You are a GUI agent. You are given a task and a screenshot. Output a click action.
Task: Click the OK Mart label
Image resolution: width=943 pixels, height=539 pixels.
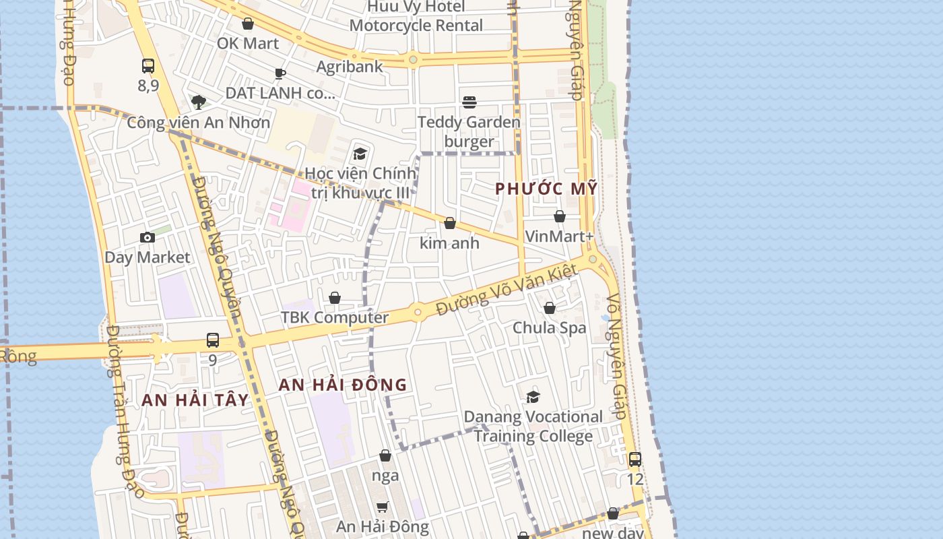coord(247,43)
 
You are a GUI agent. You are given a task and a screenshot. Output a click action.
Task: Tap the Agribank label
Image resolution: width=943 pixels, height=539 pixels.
coord(350,66)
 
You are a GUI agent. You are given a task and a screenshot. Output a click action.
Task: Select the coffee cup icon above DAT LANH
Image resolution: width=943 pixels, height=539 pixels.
coord(280,73)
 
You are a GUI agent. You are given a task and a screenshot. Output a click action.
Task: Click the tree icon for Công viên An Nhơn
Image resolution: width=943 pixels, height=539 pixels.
coord(198,102)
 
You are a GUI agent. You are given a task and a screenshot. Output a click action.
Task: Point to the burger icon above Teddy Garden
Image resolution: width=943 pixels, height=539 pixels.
coord(469,102)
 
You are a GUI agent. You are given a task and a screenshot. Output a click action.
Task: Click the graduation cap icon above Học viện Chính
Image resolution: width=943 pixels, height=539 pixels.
coord(360,154)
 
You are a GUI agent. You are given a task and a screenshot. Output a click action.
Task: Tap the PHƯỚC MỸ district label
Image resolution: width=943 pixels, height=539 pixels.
coord(546,189)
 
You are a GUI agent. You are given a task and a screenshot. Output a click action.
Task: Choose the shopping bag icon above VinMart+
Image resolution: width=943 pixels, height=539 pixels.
coord(559,216)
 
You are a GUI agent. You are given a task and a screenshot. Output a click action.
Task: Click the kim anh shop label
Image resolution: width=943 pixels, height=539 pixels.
coord(449,243)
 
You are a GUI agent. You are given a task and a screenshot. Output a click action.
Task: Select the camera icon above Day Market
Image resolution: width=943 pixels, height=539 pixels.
coord(147,237)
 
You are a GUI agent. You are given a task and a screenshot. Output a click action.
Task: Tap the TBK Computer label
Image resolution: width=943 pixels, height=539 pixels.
coord(335,317)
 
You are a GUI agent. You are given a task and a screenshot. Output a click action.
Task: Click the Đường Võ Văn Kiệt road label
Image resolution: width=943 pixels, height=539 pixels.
coord(507,290)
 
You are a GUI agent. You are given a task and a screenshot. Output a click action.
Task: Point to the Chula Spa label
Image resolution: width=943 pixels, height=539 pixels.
coord(550,328)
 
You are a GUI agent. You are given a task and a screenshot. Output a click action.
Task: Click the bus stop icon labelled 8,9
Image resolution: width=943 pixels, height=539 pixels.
coord(148,66)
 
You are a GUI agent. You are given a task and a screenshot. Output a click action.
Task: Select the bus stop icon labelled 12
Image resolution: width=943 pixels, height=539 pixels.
coord(635,459)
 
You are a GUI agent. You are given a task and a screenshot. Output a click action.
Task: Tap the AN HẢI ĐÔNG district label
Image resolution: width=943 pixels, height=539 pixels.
coord(343,385)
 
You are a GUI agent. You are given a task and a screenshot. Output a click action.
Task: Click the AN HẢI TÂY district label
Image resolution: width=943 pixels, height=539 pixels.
coord(195,400)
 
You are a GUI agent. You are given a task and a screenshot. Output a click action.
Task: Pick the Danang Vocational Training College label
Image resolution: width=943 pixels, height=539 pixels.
coord(533,426)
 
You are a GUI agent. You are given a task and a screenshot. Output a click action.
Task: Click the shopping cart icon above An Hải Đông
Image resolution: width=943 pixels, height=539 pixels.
coord(382,507)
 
